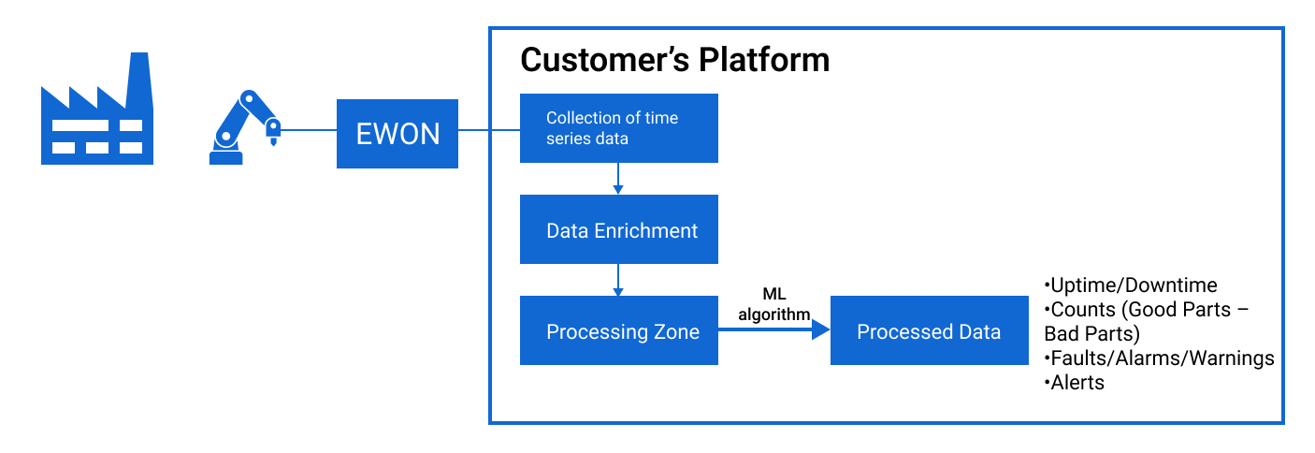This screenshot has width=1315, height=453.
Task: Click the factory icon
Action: point(96,117)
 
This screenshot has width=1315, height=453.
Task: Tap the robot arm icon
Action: point(241,129)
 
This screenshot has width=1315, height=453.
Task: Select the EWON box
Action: point(397,133)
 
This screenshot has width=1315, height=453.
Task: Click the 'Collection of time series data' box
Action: point(618,128)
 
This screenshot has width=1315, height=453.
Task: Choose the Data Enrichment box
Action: point(618,229)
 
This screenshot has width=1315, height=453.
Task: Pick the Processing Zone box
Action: point(618,331)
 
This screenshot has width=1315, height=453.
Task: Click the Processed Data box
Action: point(928,331)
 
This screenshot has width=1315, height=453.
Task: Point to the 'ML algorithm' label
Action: point(773,305)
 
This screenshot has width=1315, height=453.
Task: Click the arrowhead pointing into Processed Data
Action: point(820,329)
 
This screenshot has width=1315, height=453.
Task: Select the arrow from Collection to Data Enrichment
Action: point(618,178)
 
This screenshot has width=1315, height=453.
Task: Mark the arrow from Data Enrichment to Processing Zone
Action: point(618,279)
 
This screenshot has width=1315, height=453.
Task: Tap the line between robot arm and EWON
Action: point(309,130)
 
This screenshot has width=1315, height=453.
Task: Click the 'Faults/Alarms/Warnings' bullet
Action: point(1160,358)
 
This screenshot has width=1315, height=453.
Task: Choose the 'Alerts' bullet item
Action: point(1076,382)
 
